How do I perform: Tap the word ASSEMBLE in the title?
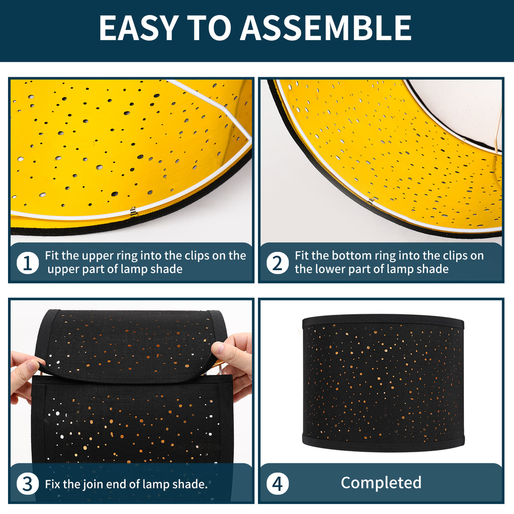pos(326,28)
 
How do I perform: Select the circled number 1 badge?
pos(28,263)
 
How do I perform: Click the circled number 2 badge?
pos(277,263)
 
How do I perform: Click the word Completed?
pos(381,483)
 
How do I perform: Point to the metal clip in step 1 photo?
pos(133,212)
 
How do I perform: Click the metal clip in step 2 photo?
pos(370,201)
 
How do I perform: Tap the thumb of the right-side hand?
pos(220,348)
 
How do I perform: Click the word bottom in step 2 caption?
pos(354,255)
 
